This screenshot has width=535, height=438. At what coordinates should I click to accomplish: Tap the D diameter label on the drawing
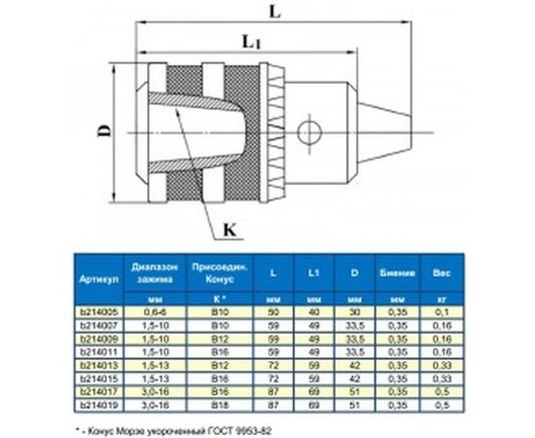click(x=104, y=128)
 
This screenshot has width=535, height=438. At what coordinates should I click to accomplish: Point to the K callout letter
click(x=231, y=230)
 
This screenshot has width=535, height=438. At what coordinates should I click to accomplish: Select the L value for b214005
click(x=273, y=311)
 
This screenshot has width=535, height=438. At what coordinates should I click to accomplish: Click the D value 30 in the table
click(x=353, y=311)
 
